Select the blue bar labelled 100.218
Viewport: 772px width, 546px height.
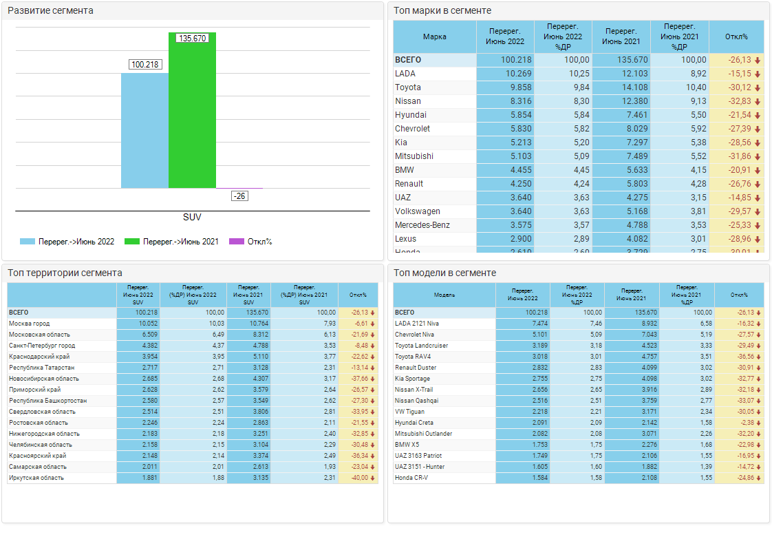pyautogui.click(x=144, y=131)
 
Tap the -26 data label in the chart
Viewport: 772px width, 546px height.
pyautogui.click(x=239, y=196)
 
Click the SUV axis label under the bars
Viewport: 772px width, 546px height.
pyautogui.click(x=192, y=217)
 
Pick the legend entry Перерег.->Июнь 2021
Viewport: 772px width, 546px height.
pyautogui.click(x=172, y=242)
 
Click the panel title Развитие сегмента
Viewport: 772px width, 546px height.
pyautogui.click(x=50, y=11)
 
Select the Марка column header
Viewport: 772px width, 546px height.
pyautogui.click(x=434, y=36)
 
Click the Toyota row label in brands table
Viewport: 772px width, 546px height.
pyautogui.click(x=408, y=87)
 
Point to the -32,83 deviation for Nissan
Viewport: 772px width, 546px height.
pyautogui.click(x=740, y=101)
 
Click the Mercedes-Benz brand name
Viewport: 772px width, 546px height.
pyautogui.click(x=422, y=225)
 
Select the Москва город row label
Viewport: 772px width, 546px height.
pyautogui.click(x=29, y=324)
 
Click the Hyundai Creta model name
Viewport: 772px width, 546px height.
pyautogui.click(x=414, y=423)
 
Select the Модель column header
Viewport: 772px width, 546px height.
pyautogui.click(x=444, y=295)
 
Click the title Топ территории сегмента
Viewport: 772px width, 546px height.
pyautogui.click(x=65, y=273)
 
